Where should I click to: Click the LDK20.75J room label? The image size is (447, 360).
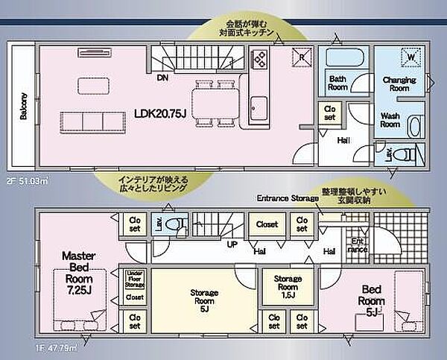point(159,113)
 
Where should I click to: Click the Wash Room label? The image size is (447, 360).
point(390,121)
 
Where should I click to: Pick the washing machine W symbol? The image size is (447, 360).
point(409,56)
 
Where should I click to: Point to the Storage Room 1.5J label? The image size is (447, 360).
point(286,286)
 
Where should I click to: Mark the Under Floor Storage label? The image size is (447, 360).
point(135,278)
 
